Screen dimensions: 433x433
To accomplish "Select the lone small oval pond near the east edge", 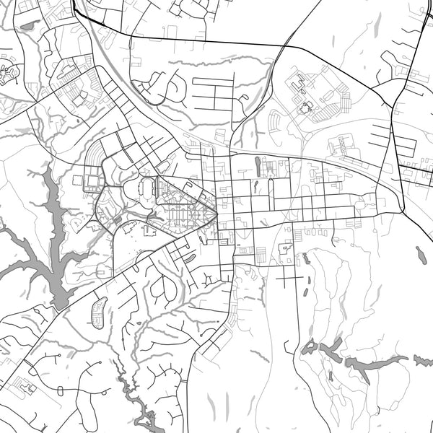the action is pos(420,254).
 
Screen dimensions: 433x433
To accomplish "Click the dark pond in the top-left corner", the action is pos(29,25).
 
